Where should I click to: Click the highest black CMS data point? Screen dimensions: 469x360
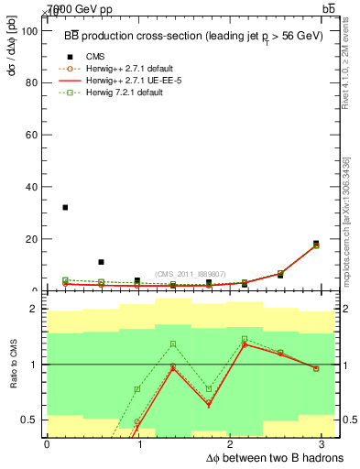(65, 208)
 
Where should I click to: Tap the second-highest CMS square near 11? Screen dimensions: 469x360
(101, 262)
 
